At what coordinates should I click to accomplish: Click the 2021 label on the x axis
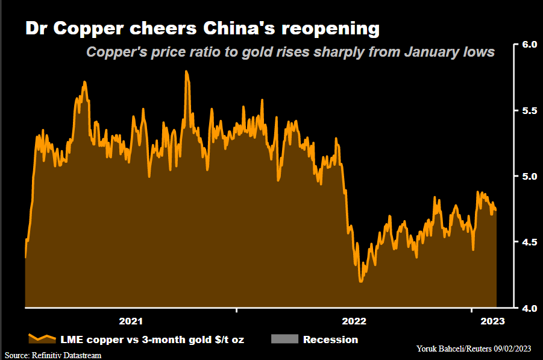[131, 321]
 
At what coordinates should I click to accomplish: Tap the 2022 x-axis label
[354, 321]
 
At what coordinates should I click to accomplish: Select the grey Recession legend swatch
[285, 339]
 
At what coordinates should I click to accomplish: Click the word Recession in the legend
[330, 339]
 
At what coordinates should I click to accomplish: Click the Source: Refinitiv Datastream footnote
[53, 355]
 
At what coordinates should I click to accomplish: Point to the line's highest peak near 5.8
[186, 72]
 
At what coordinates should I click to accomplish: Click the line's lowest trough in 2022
[360, 281]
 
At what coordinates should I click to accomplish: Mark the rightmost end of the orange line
[495, 209]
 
